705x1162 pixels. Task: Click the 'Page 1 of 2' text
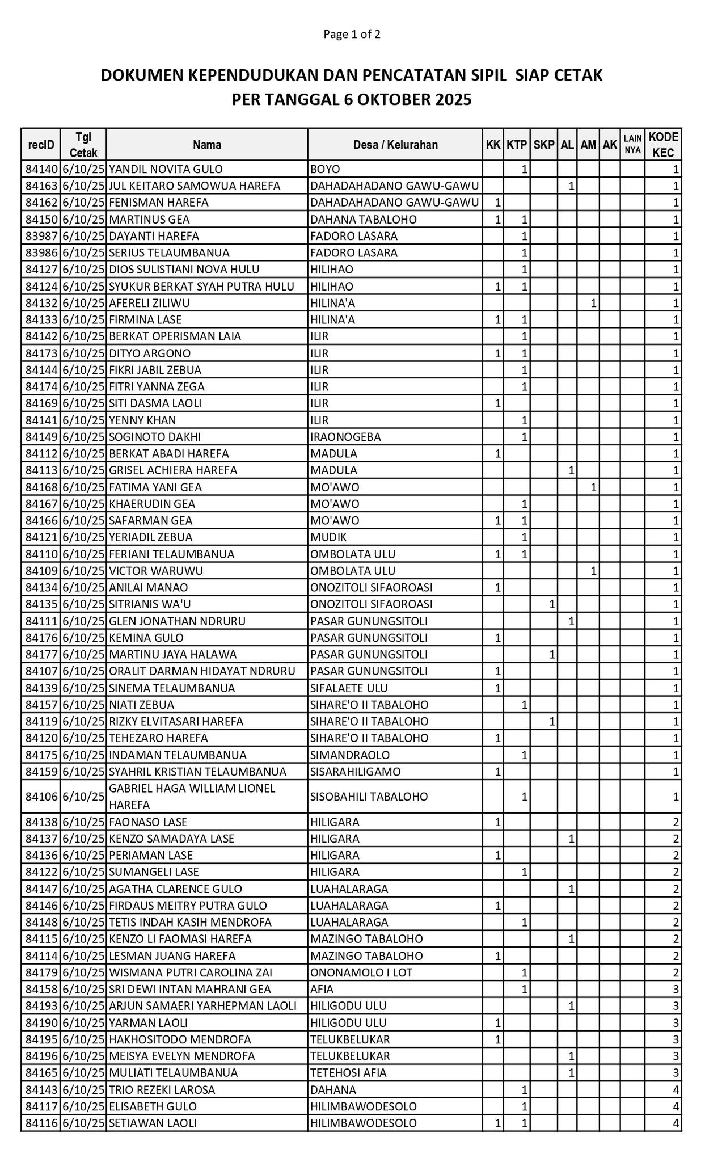pos(352,34)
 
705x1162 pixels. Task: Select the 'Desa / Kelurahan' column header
pos(395,145)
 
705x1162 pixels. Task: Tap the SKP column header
pos(543,145)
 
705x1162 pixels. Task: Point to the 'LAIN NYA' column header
pos(632,145)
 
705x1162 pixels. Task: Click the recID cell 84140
pos(41,169)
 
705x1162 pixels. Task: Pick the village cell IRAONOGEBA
pos(345,437)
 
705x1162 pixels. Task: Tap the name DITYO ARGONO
pos(150,353)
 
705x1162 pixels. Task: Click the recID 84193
pos(41,1006)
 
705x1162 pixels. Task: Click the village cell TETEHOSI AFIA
pos(348,1073)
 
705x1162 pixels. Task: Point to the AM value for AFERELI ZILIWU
pos(593,303)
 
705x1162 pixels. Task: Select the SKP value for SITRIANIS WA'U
pos(551,604)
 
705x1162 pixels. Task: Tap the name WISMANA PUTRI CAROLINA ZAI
pos(191,972)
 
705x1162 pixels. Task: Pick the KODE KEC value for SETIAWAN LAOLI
pos(676,1123)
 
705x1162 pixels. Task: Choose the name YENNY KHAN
pos(142,420)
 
